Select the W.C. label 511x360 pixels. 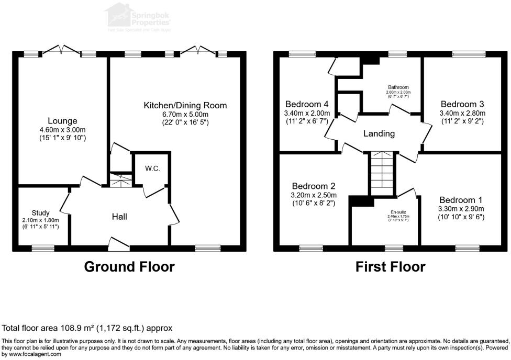(x=152, y=168)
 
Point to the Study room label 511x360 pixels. (x=41, y=213)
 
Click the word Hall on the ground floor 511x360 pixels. (x=120, y=217)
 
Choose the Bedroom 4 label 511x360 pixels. (x=307, y=104)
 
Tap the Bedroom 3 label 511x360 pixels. (x=462, y=104)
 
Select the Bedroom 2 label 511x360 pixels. (x=314, y=186)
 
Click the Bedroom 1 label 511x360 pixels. (x=461, y=200)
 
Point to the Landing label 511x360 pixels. (x=379, y=133)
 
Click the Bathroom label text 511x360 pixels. (x=398, y=87)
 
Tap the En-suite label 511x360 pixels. (x=398, y=211)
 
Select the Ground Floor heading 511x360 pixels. (x=129, y=267)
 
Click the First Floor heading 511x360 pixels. (x=390, y=267)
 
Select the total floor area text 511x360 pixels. (x=87, y=329)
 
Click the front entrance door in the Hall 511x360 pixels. (x=119, y=242)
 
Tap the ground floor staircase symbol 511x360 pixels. (x=121, y=179)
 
